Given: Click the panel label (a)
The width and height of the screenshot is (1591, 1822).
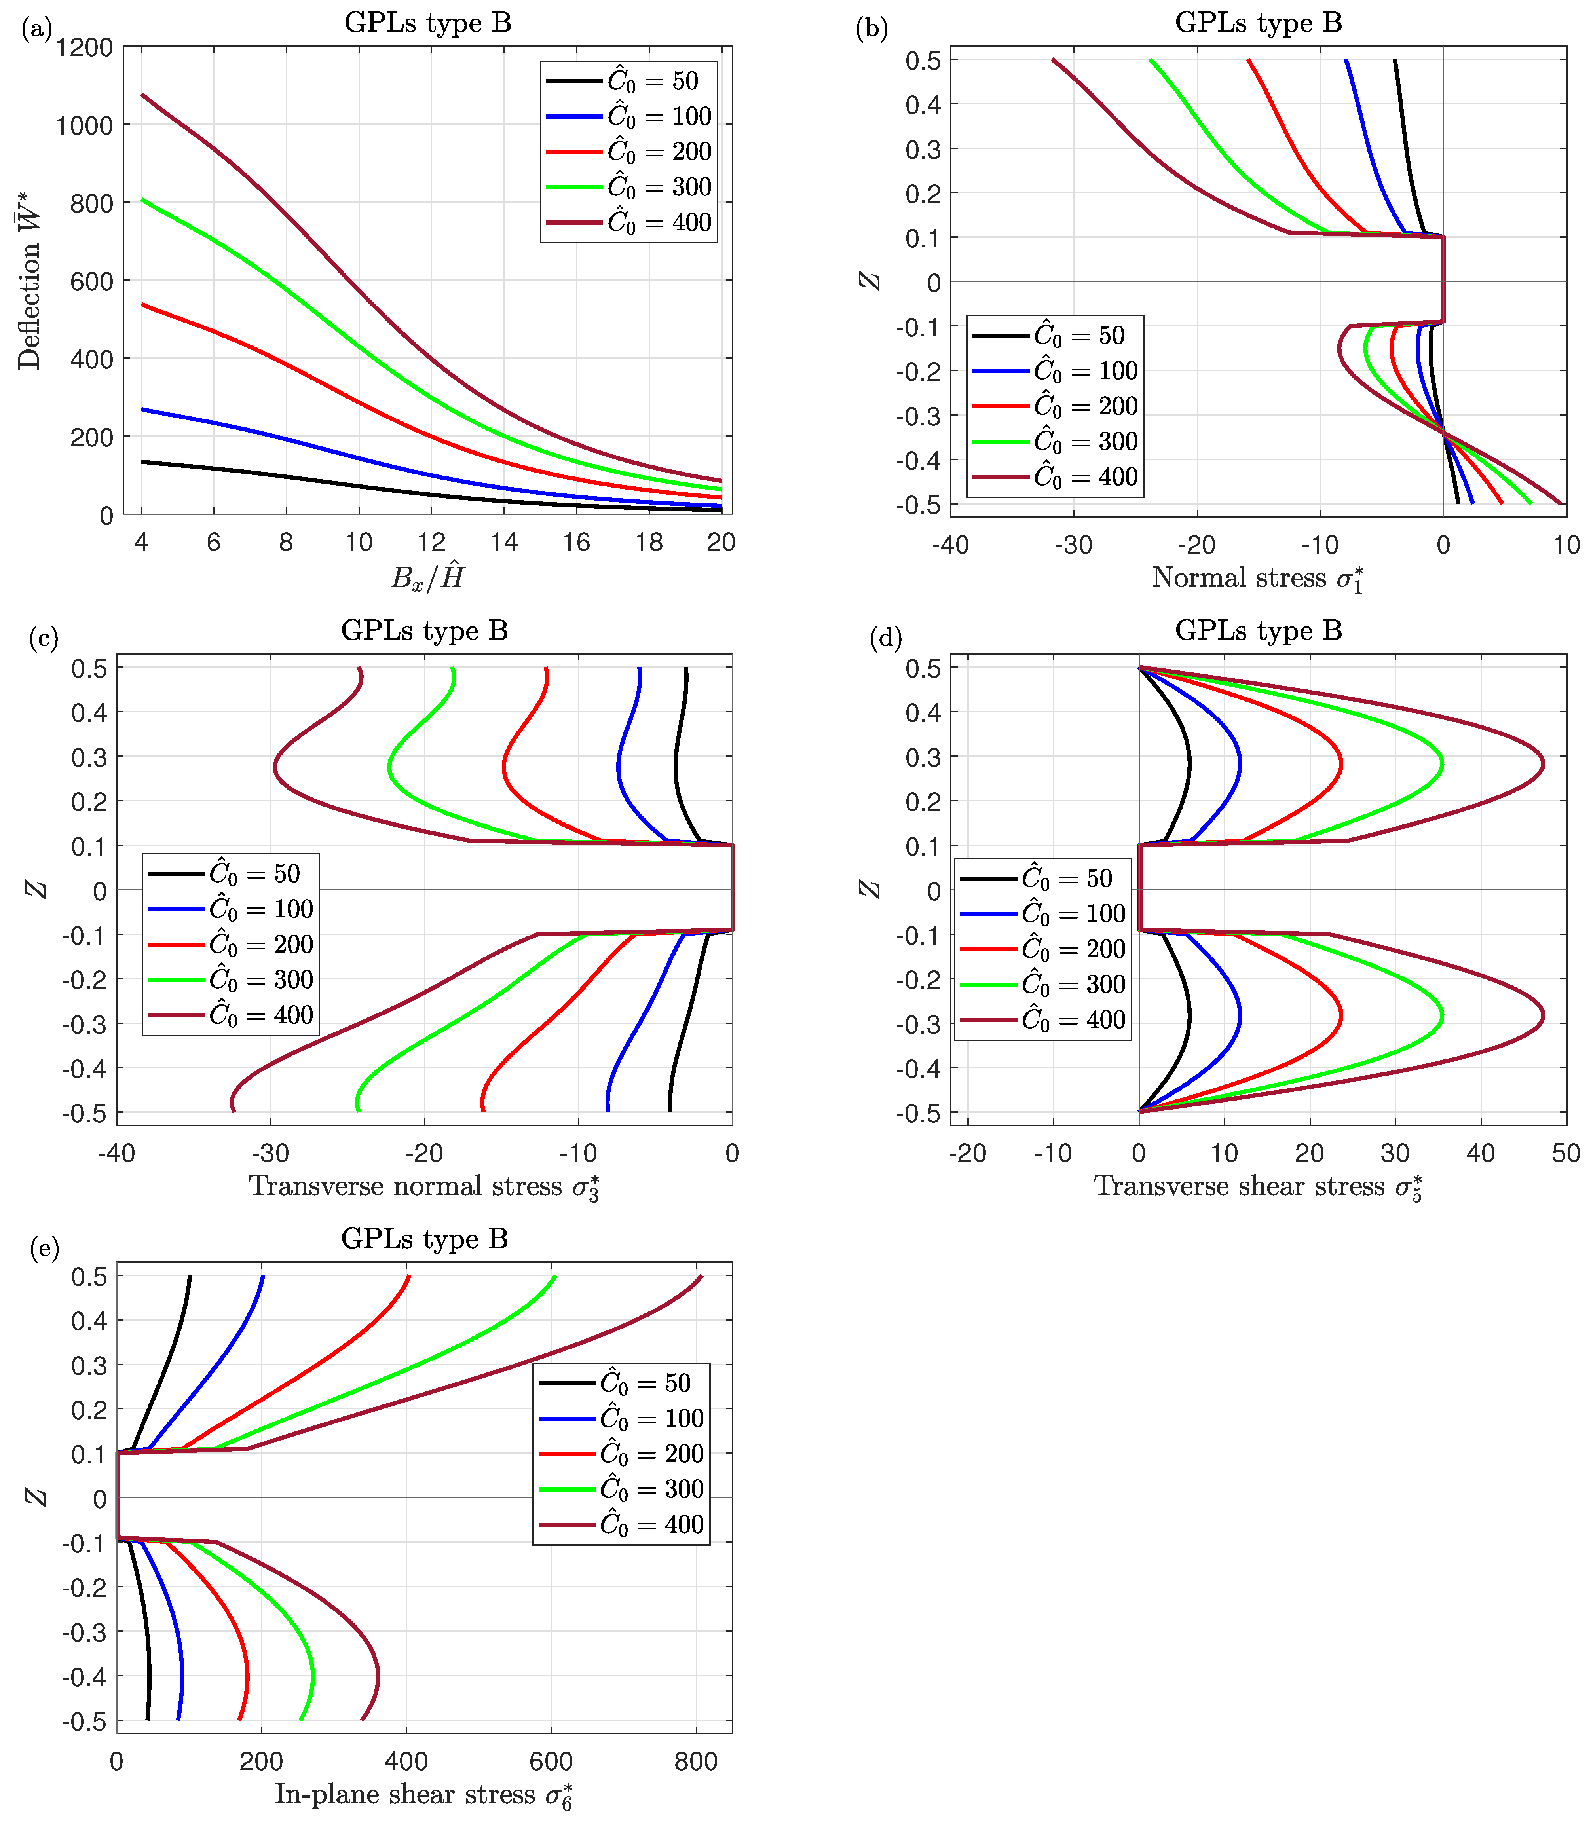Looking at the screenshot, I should [36, 29].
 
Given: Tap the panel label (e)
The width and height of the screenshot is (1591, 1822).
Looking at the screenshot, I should [44, 1249].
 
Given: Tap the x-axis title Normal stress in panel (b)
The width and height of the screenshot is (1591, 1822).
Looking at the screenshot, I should [1257, 579].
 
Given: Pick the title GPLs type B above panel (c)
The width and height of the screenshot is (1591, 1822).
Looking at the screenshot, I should [424, 630].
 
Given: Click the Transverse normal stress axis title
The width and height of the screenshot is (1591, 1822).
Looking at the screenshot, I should [424, 1187].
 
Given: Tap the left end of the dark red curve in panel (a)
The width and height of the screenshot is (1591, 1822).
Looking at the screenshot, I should [142, 94].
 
